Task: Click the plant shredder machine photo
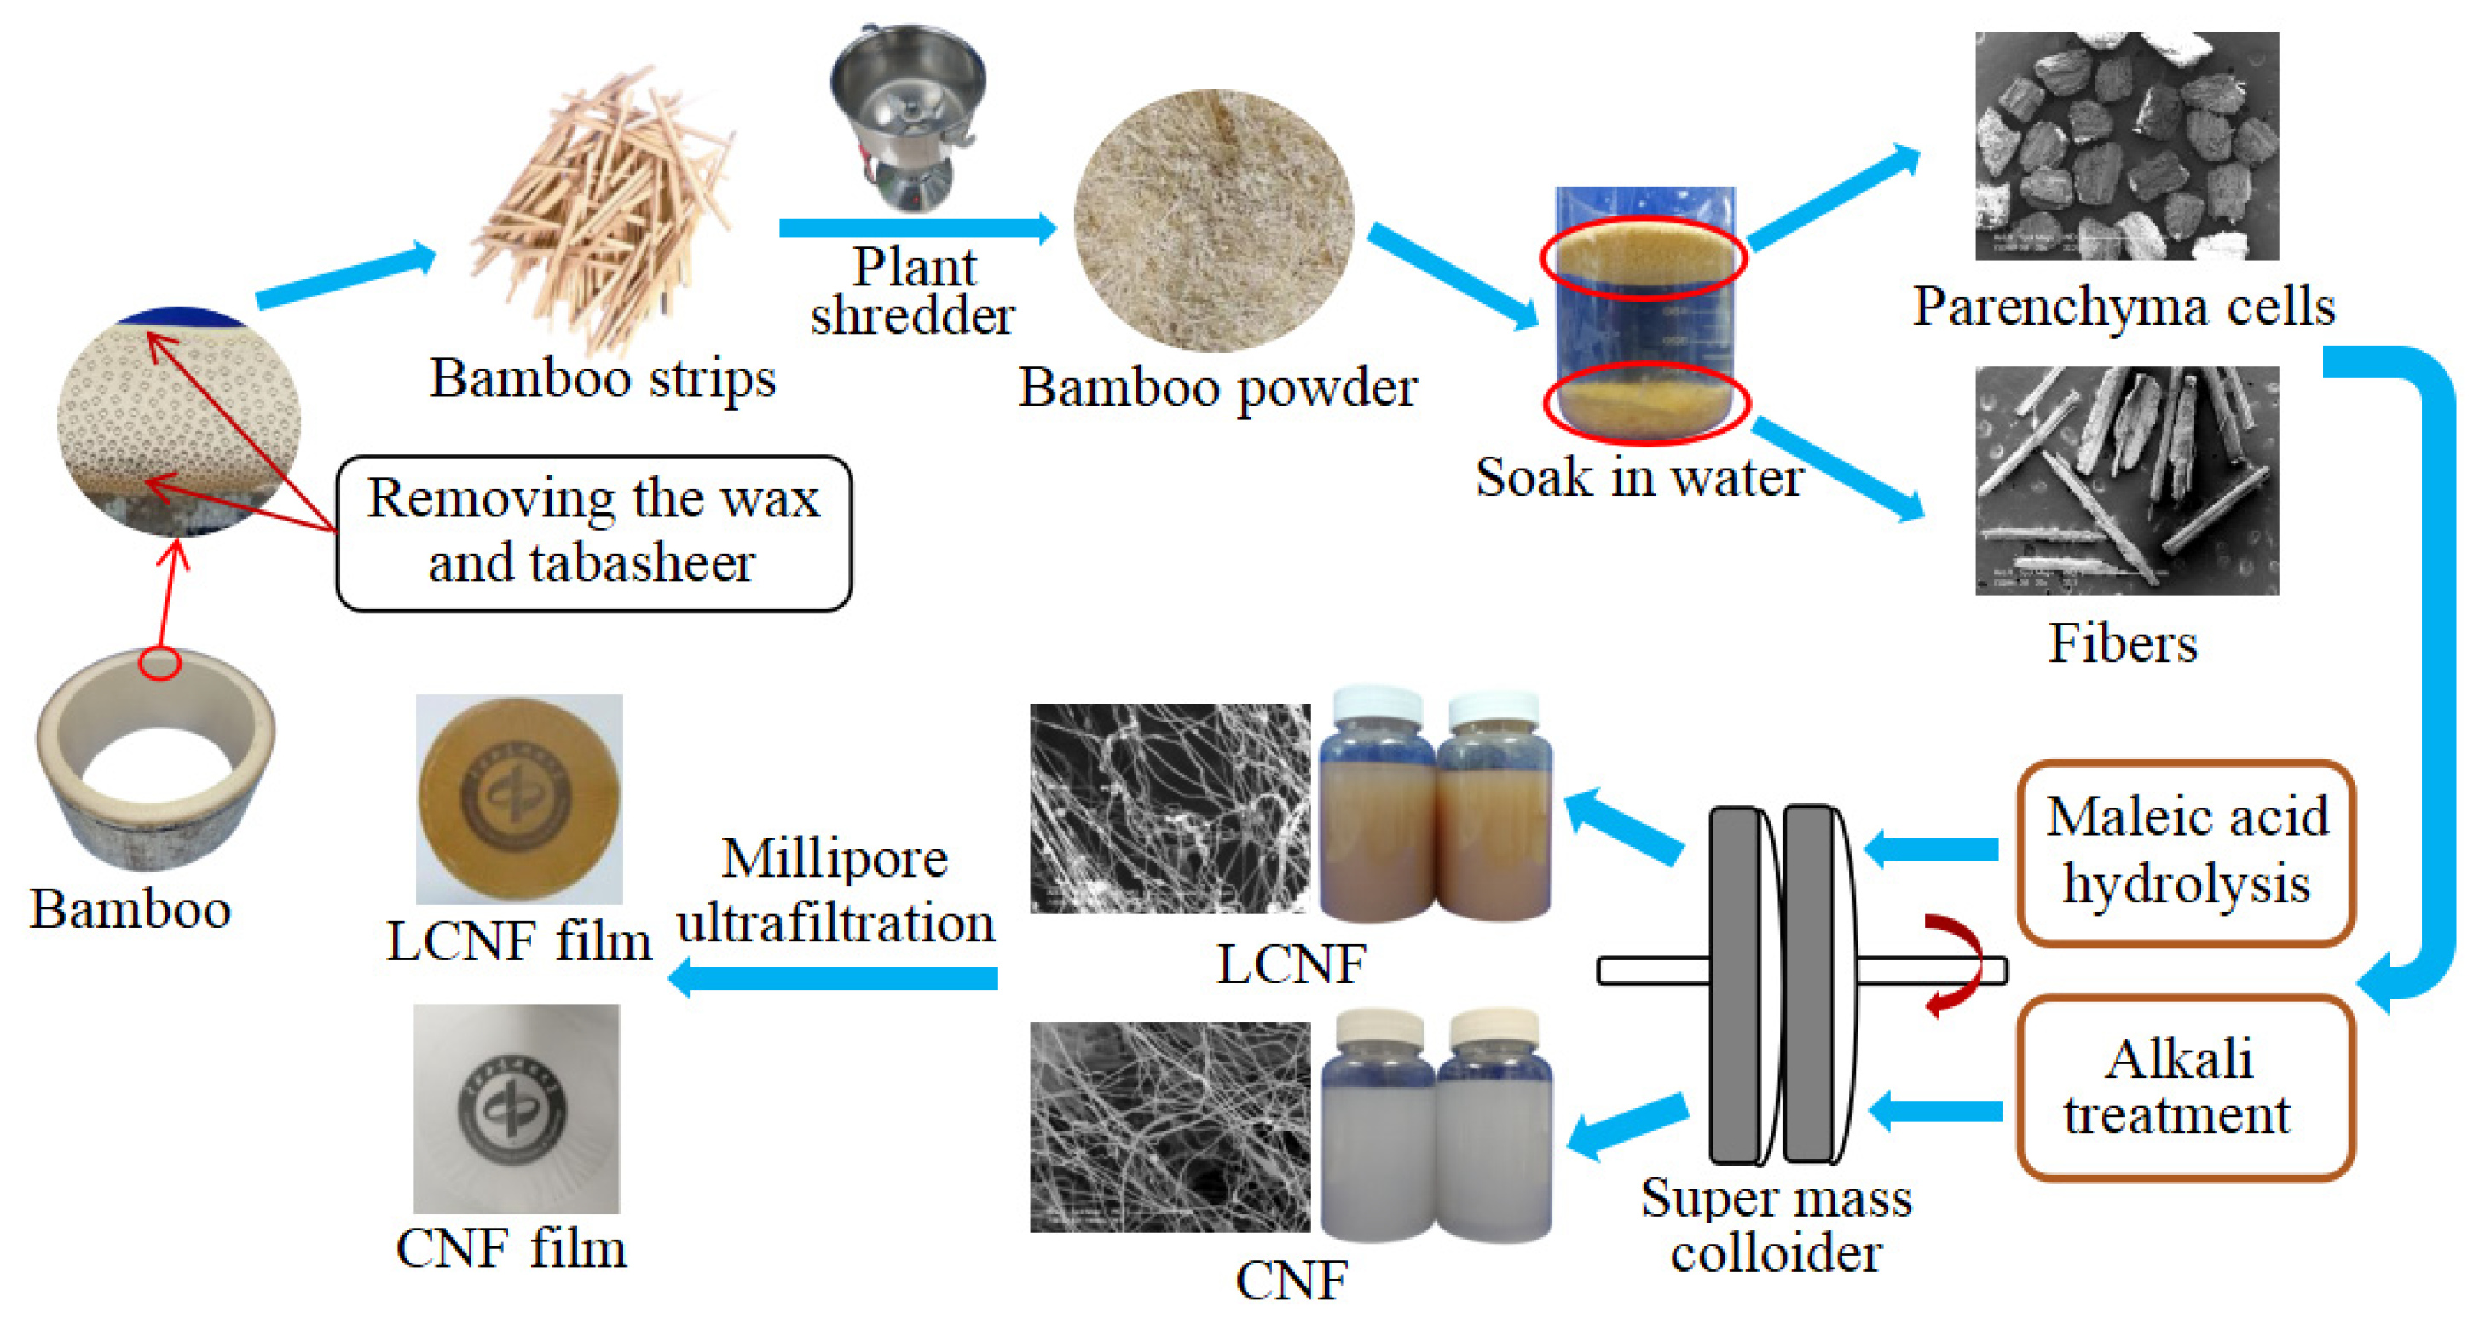907,116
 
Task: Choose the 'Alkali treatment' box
2186,1088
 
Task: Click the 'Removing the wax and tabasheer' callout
593,533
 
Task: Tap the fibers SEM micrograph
2126,481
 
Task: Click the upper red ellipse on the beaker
1643,258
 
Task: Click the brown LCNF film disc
519,798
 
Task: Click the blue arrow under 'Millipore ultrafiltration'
835,979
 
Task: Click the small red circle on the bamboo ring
159,664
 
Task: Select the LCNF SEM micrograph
1169,808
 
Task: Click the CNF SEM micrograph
1169,1126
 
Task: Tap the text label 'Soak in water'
1638,477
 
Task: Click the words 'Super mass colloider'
1777,1224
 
